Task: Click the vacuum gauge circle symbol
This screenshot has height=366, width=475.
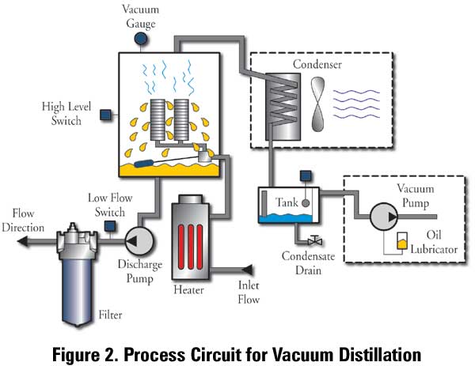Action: [140, 38]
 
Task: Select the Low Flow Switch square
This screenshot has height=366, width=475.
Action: [109, 228]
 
